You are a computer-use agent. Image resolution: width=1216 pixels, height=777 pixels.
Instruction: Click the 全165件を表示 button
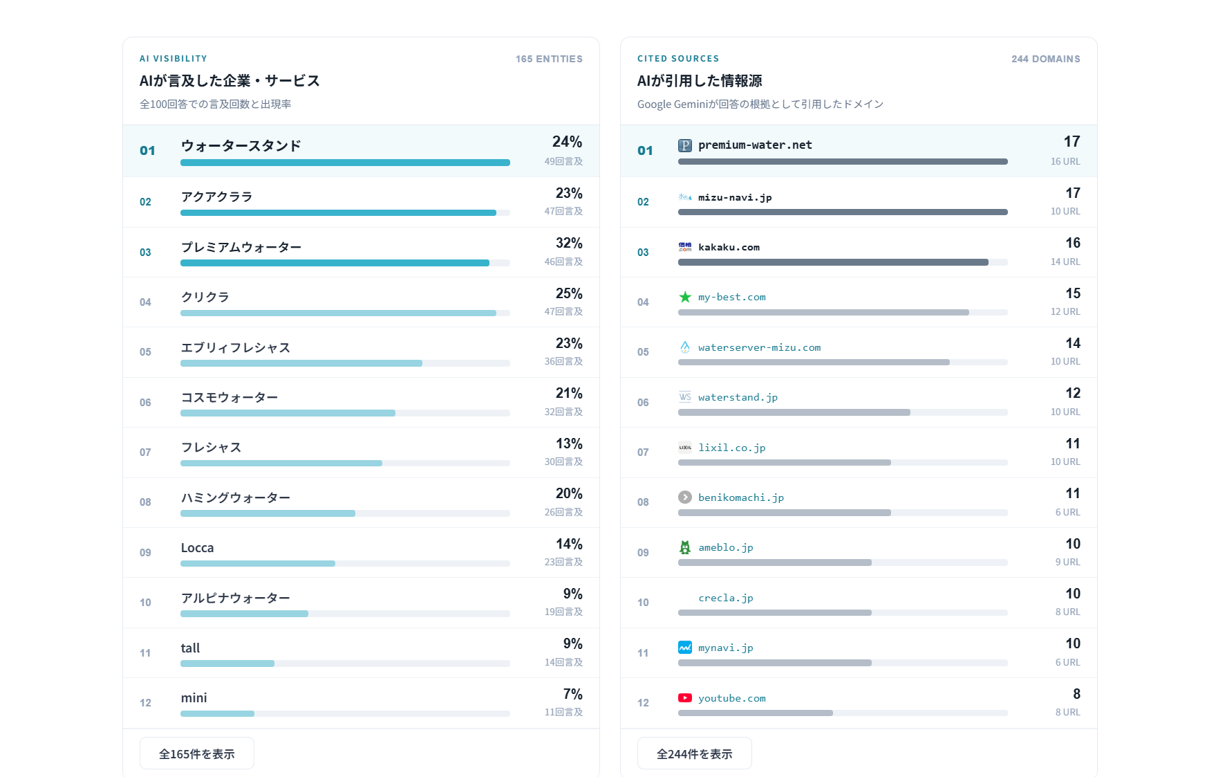(x=197, y=753)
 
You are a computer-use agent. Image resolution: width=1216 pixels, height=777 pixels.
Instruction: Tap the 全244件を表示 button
(x=695, y=753)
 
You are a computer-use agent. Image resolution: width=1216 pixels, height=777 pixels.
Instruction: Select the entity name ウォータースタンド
(x=241, y=146)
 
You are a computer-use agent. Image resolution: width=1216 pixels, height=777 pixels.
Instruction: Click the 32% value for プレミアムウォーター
(x=569, y=243)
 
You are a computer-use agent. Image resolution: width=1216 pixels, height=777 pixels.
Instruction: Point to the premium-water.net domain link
(x=755, y=145)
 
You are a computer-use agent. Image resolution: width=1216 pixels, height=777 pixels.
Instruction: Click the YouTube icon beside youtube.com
(x=685, y=698)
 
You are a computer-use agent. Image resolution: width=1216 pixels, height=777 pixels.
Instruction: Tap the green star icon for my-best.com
(x=685, y=297)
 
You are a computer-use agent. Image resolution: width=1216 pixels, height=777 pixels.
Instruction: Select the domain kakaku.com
(x=729, y=247)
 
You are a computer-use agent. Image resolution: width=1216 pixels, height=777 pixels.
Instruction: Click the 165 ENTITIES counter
(x=549, y=59)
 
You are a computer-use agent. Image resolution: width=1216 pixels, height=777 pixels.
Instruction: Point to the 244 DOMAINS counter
(x=1046, y=59)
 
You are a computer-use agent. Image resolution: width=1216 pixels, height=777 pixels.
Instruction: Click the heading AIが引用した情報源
(x=700, y=81)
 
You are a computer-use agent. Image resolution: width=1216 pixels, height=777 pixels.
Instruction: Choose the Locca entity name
(x=197, y=548)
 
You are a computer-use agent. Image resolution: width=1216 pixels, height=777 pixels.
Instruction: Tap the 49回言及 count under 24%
(x=563, y=161)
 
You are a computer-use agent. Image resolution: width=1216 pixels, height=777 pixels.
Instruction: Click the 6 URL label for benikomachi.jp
(x=1067, y=512)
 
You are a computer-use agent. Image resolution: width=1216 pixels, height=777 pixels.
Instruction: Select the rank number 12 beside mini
(x=145, y=703)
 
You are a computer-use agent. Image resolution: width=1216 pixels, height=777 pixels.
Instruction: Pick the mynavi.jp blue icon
(x=685, y=648)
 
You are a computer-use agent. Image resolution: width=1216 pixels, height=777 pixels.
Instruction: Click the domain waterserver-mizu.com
(x=759, y=347)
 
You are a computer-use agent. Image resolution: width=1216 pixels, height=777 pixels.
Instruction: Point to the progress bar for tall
(x=345, y=664)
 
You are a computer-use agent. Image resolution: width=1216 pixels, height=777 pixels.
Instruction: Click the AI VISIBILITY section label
(x=174, y=59)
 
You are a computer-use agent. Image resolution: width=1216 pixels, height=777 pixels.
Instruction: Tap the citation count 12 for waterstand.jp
(x=1073, y=393)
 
